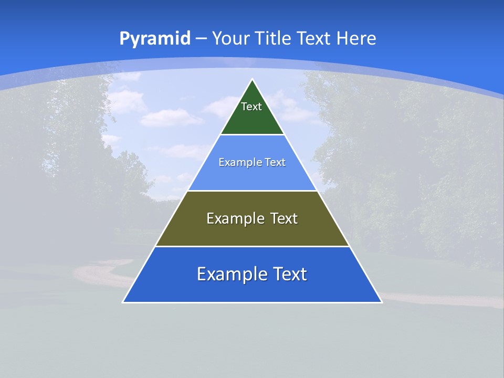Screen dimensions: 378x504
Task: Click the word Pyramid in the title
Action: pos(154,39)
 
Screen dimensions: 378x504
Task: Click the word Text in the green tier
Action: pos(251,107)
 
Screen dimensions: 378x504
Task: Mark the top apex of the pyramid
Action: pos(252,80)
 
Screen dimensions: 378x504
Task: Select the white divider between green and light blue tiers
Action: pos(252,135)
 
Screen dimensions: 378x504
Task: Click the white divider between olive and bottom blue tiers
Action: pos(252,246)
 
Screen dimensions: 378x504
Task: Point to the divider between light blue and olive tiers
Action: pos(252,191)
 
